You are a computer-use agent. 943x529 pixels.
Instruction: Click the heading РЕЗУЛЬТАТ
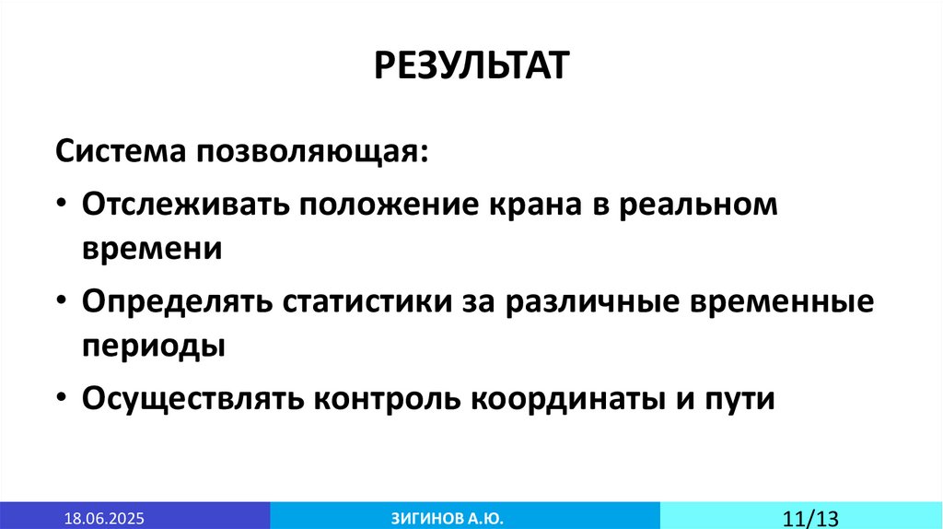(x=471, y=67)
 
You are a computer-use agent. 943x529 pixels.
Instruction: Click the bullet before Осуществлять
(x=61, y=399)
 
